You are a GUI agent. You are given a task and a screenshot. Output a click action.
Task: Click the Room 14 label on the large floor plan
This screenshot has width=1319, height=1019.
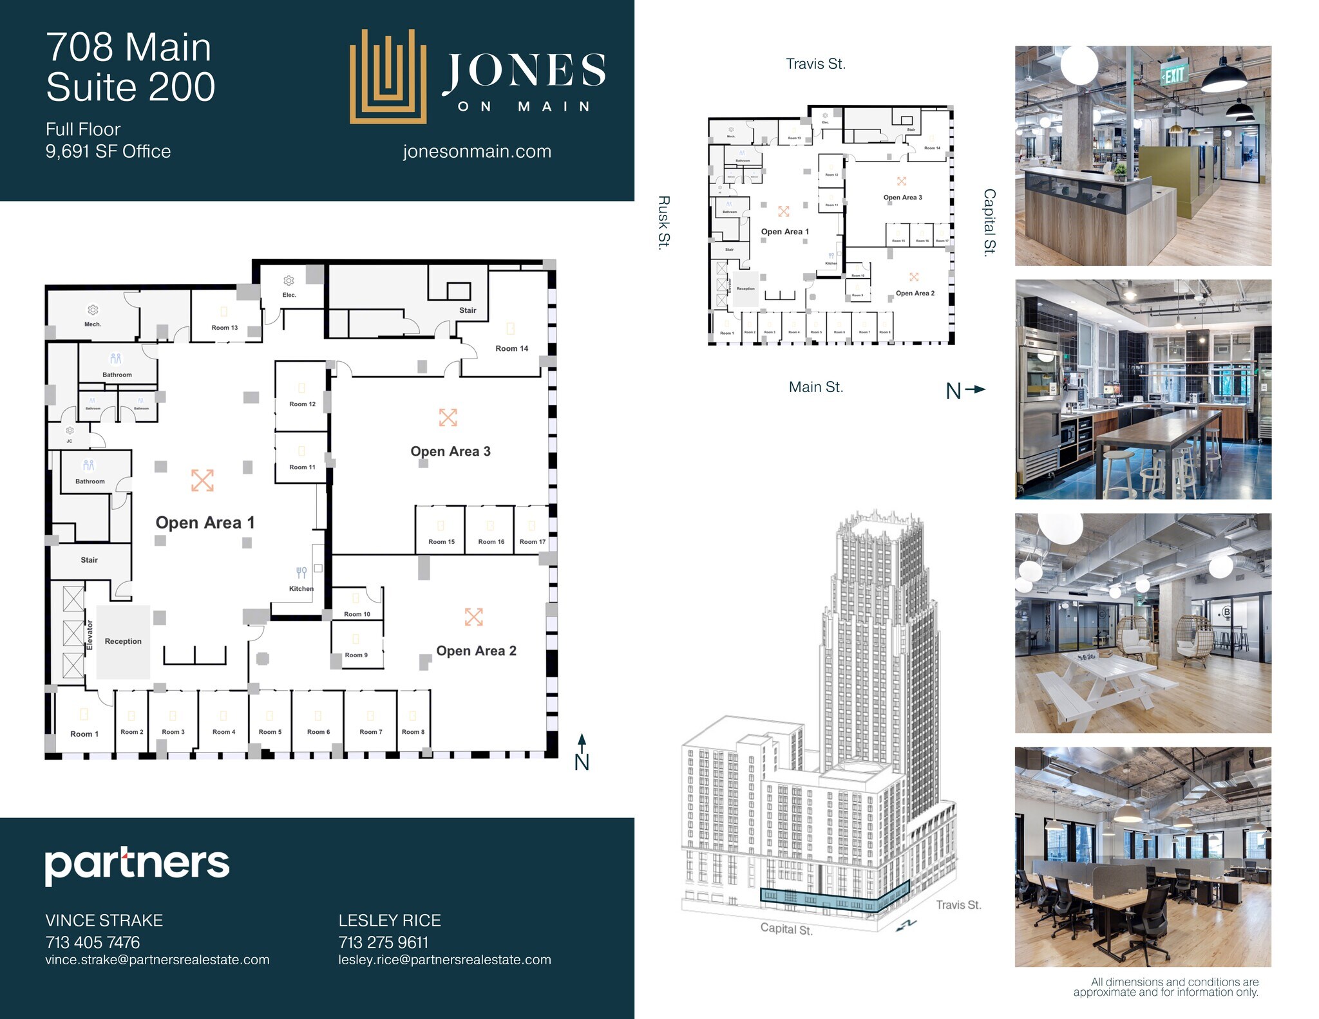(x=511, y=348)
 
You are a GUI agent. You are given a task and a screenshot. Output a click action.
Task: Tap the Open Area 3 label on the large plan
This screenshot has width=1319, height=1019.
(x=450, y=451)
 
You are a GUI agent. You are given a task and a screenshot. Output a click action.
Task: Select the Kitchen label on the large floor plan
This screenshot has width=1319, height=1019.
(x=301, y=588)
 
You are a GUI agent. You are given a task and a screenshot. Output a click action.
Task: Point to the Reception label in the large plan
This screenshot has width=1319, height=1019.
(x=123, y=641)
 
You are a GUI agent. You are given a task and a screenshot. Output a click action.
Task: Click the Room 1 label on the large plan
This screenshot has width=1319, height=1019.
(x=84, y=734)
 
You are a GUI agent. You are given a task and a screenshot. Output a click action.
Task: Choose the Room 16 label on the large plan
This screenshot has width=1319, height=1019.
(x=491, y=541)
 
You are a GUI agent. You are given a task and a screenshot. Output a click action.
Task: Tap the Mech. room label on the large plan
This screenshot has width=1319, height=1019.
(x=93, y=324)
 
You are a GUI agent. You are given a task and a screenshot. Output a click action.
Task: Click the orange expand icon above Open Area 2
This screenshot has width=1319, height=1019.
(x=474, y=617)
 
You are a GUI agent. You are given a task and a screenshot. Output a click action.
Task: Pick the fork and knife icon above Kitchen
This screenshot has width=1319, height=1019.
(x=301, y=572)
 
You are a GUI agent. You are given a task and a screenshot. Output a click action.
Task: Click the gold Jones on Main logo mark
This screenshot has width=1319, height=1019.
(x=388, y=77)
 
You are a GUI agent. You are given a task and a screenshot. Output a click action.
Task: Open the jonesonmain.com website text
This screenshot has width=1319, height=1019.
(x=477, y=151)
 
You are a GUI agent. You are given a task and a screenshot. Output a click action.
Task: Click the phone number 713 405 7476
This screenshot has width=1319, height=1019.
(x=93, y=942)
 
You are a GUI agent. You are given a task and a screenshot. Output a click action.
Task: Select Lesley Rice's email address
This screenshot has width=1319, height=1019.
(x=444, y=960)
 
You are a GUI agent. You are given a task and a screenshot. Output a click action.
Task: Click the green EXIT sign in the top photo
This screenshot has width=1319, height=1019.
(x=1173, y=75)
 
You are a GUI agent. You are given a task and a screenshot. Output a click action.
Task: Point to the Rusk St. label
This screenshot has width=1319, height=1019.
(x=664, y=221)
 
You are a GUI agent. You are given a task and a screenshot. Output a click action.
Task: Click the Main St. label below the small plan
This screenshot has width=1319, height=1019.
(x=815, y=387)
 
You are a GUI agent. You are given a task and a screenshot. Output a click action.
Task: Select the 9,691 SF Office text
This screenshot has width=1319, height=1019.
(x=108, y=151)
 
